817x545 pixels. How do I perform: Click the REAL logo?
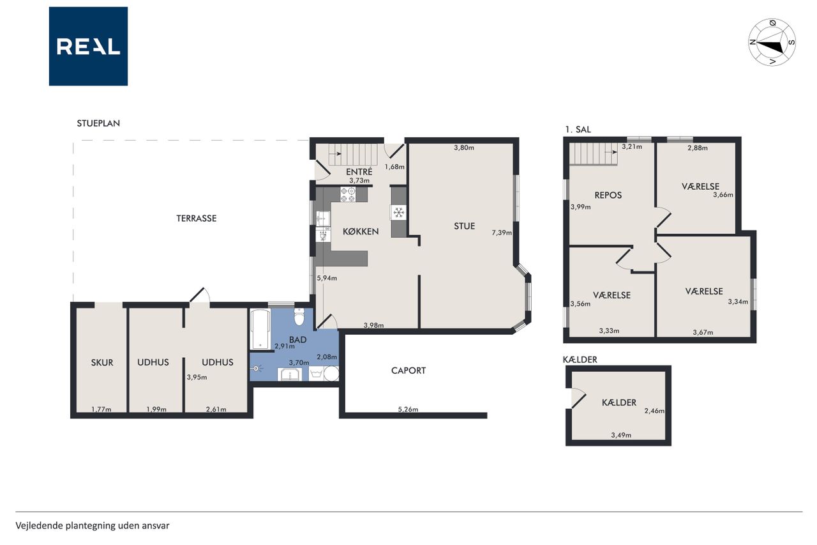tap(88, 47)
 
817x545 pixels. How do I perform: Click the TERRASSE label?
tap(196, 219)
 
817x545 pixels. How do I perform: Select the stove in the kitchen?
tap(348, 194)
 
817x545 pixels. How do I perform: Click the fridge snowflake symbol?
tap(399, 212)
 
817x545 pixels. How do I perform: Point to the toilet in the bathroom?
tap(299, 316)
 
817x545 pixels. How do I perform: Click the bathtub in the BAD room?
tap(260, 329)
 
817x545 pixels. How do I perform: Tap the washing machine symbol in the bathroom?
tap(316, 373)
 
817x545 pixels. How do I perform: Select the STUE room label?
tap(464, 226)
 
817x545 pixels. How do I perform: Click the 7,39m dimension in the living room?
tap(502, 233)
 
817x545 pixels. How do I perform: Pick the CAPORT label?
tap(408, 371)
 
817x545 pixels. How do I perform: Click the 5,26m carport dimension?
tap(408, 409)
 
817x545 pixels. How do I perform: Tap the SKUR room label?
tap(102, 362)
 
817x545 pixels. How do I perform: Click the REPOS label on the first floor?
tap(608, 196)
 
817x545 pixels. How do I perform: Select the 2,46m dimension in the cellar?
tap(654, 411)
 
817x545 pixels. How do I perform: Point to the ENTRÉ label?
tap(359, 172)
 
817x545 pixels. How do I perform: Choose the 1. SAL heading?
tap(578, 129)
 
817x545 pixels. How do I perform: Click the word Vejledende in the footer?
tap(39, 526)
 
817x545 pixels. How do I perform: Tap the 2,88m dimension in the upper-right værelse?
tap(698, 148)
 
